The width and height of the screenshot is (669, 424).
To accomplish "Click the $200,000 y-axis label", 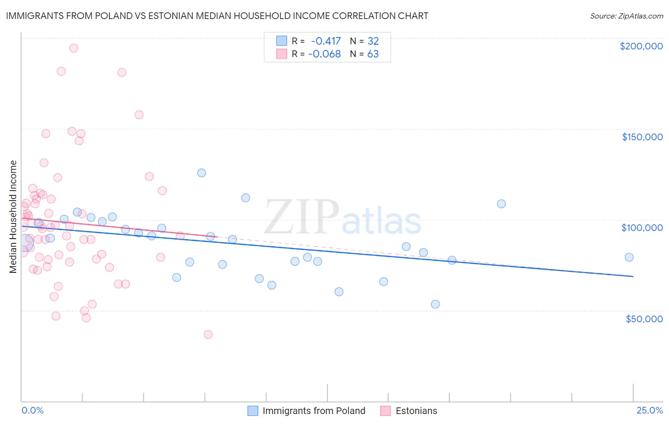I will tap(641, 46).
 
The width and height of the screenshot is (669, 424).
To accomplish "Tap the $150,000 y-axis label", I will tap(642, 137).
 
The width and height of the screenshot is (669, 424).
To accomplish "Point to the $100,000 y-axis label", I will tap(642, 228).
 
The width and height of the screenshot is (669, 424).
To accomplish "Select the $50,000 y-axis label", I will tap(644, 318).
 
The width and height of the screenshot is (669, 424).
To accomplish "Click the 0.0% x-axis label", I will tap(32, 410).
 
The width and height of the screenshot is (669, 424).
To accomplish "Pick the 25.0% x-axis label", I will tap(649, 410).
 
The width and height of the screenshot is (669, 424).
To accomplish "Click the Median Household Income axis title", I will tap(13, 217).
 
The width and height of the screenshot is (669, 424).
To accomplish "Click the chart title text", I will tap(217, 16).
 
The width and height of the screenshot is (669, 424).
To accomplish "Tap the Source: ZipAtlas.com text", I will tap(626, 16).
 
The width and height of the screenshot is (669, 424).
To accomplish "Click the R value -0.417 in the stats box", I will tap(325, 41).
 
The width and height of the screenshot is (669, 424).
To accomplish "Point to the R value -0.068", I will tap(325, 54).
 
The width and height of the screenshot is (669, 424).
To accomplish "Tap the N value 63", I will tap(373, 54).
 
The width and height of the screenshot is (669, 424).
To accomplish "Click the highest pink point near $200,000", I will tap(74, 48).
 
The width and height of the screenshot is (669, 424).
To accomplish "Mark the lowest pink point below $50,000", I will tap(208, 335).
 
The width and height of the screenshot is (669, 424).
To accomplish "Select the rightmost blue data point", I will tap(629, 257).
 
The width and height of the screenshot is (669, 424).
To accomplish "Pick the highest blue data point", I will tap(202, 173).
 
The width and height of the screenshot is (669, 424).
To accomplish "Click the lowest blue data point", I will tap(435, 304).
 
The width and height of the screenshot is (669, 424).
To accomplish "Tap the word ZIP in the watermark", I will tap(302, 217).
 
